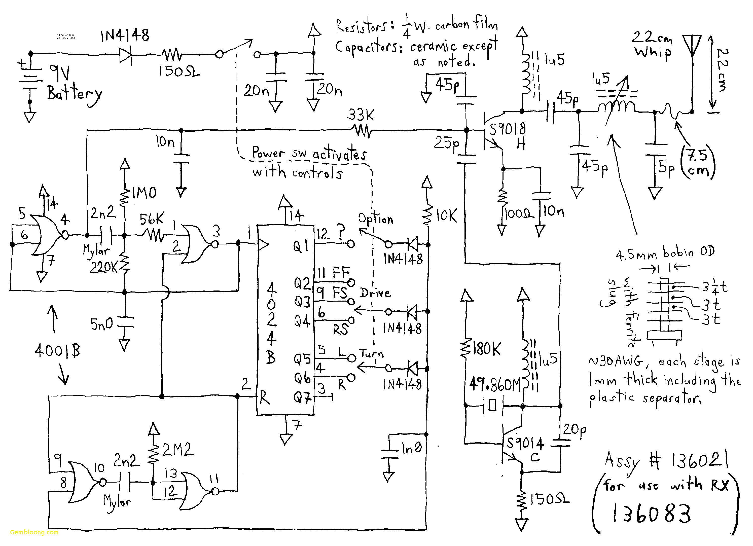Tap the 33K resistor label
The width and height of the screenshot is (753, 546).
point(360,115)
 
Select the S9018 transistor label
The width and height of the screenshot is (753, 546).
point(507,129)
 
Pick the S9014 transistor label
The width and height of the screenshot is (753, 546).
point(525,444)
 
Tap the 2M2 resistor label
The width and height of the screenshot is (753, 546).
point(178,450)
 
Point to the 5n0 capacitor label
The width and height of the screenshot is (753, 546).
point(102,324)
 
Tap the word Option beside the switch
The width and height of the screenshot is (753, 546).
point(375,219)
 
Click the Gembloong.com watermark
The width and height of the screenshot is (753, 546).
point(34,532)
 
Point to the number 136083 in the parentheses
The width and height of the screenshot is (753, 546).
point(651,513)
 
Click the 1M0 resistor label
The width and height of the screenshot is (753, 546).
point(144,193)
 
